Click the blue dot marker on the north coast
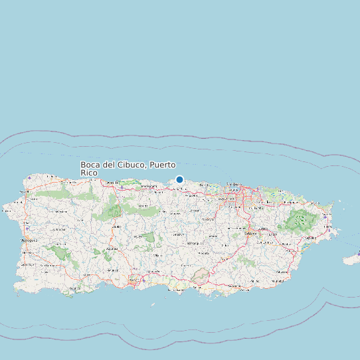[179, 179]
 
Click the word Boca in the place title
[90, 165]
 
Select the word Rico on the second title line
[89, 173]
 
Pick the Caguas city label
[250, 234]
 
